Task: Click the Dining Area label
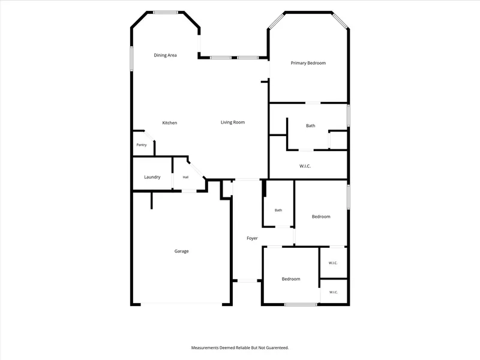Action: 165,55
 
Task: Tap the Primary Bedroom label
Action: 308,63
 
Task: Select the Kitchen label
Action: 170,123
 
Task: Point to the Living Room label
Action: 233,122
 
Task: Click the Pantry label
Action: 142,145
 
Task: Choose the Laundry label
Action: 152,177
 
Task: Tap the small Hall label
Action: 185,177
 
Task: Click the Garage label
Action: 182,251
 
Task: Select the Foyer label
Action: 252,238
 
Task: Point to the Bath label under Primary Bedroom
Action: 310,125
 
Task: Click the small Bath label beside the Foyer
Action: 278,210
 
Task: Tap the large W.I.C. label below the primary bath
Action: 305,166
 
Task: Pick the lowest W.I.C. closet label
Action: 334,292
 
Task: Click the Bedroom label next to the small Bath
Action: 321,217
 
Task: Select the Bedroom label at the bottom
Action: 291,279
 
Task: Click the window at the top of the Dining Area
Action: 166,13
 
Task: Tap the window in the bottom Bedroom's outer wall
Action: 301,304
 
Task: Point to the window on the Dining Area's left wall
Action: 131,58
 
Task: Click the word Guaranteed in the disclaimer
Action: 277,348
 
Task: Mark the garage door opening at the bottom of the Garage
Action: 181,304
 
